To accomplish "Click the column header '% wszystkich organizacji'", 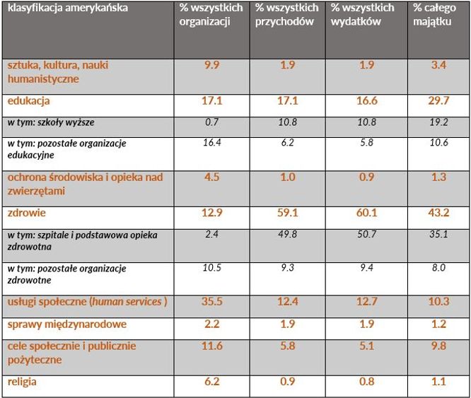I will [x=211, y=14].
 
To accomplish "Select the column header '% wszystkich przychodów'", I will [x=286, y=14].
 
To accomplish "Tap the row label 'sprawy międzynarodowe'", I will [x=67, y=324].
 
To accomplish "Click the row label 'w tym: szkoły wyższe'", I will [x=51, y=122].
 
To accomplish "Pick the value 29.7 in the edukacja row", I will [x=438, y=101].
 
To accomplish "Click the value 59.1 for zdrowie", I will [x=287, y=212].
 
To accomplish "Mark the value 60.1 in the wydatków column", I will [x=366, y=212].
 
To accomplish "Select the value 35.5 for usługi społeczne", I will [x=211, y=302].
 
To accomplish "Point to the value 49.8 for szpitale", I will [x=287, y=234].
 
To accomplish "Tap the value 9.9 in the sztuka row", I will [x=211, y=66].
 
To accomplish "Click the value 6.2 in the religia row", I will [x=211, y=382].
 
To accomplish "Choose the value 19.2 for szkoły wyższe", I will [x=438, y=122].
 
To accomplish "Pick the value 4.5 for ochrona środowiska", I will [x=211, y=177].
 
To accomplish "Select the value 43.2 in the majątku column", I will [x=438, y=212].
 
